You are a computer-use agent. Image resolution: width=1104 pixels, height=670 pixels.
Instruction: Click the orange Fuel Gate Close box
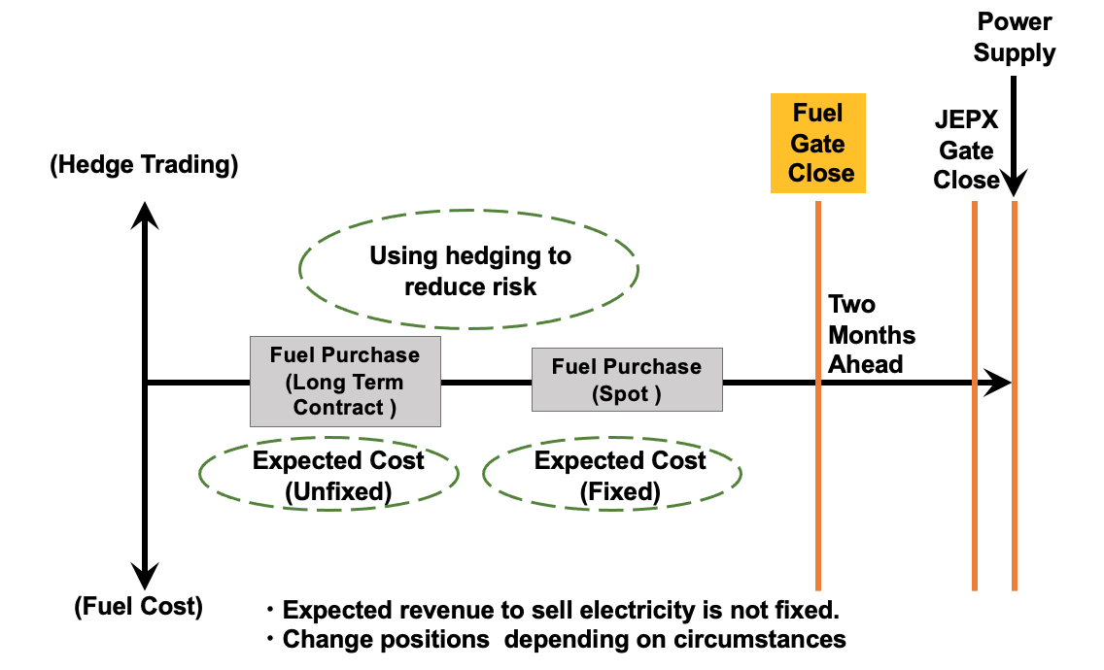pos(817,144)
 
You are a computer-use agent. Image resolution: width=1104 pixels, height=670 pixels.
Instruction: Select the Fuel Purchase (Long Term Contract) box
pos(345,382)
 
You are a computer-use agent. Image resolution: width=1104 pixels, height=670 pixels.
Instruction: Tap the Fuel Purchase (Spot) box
pos(627,381)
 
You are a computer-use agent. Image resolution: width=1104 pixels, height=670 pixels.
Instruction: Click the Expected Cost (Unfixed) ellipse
pos(329,475)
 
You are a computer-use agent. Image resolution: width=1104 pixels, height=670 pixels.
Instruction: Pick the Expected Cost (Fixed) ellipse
pos(612,475)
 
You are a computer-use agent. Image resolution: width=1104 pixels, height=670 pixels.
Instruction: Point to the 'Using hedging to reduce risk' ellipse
pos(469,271)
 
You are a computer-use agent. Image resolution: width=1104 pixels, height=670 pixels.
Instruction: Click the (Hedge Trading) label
pos(144,165)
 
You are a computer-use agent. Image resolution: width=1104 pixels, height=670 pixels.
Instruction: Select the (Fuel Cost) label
pos(138,608)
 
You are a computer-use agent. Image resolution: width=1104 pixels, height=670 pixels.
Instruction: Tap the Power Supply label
pos(1015,37)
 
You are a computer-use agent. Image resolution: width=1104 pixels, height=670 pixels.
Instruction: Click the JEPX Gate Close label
pos(966,151)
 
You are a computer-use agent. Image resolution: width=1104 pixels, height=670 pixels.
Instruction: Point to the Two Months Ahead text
pos(872,335)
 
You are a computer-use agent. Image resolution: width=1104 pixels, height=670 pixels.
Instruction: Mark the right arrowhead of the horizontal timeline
pos(999,383)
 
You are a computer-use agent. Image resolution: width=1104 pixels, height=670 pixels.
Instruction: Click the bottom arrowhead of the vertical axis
pos(145,578)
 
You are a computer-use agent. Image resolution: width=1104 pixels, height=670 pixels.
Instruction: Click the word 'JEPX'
pos(966,121)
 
